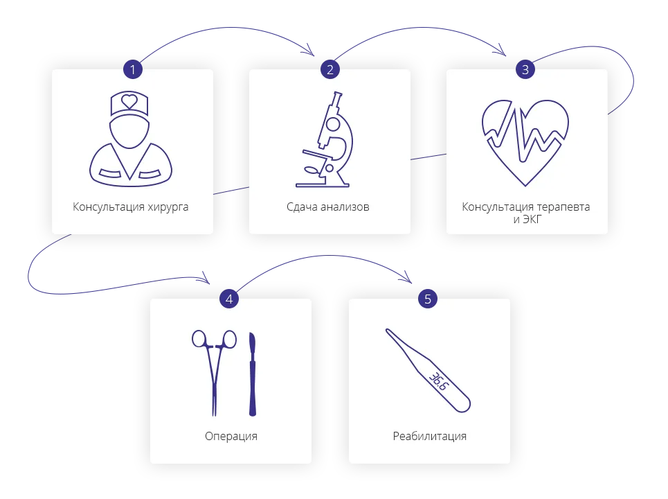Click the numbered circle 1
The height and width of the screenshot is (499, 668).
[132, 69]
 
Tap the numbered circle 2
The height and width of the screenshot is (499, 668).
[330, 69]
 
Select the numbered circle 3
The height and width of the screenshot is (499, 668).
[525, 69]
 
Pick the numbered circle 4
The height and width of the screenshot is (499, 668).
[230, 299]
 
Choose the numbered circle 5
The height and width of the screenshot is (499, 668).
[428, 299]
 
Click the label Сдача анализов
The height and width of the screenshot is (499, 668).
[328, 207]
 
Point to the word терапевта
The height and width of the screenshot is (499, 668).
[561, 207]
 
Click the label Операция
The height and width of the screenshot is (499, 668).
[231, 436]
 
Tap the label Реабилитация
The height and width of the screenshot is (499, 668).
[429, 436]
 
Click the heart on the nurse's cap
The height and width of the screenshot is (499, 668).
[129, 101]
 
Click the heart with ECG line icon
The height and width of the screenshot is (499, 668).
[525, 142]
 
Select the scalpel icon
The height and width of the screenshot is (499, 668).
[253, 374]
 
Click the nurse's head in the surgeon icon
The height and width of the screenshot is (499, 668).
[129, 130]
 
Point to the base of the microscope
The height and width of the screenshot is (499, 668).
[322, 184]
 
